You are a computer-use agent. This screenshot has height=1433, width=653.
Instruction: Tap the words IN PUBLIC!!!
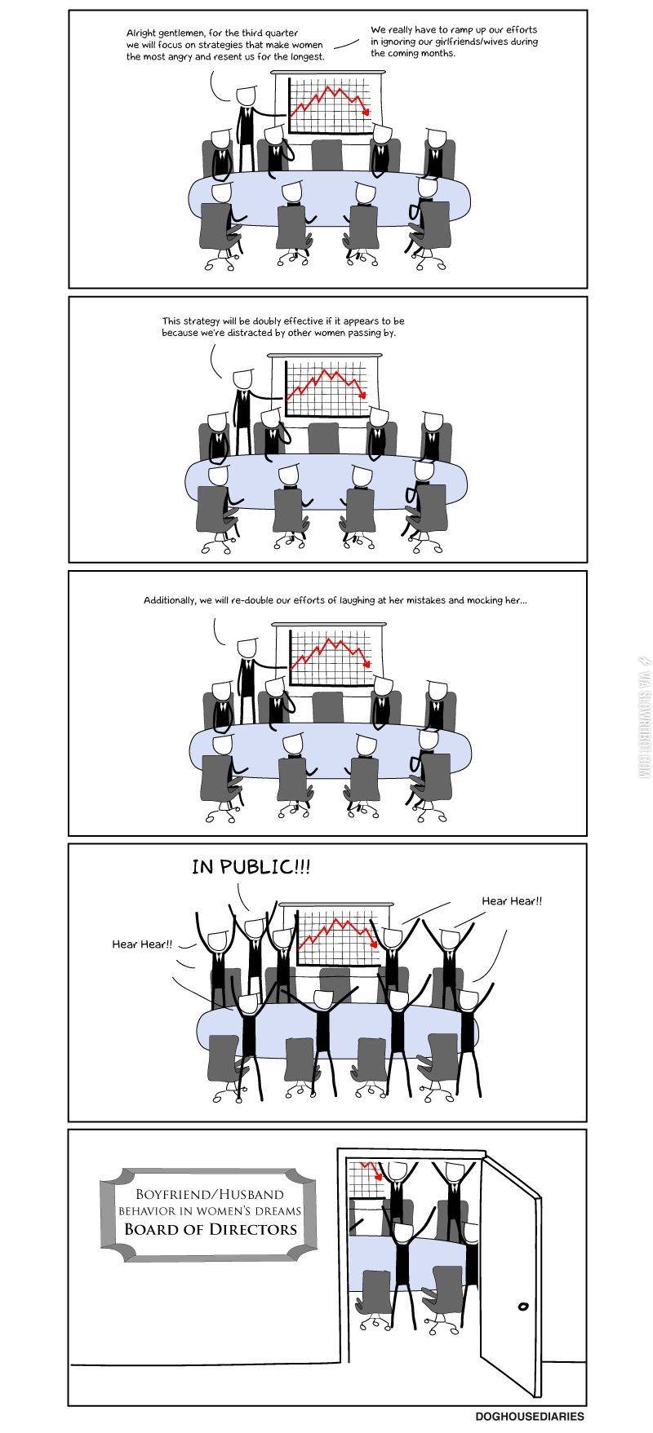tap(251, 866)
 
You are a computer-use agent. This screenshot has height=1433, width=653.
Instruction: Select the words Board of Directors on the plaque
tap(211, 1229)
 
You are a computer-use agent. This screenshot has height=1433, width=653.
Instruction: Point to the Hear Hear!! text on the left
tap(142, 944)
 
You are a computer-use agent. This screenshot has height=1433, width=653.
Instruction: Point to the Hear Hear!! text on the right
tap(511, 901)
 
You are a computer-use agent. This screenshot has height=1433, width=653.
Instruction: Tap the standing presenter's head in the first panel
tap(244, 95)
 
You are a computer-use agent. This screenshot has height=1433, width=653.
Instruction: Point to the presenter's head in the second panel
tap(242, 379)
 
